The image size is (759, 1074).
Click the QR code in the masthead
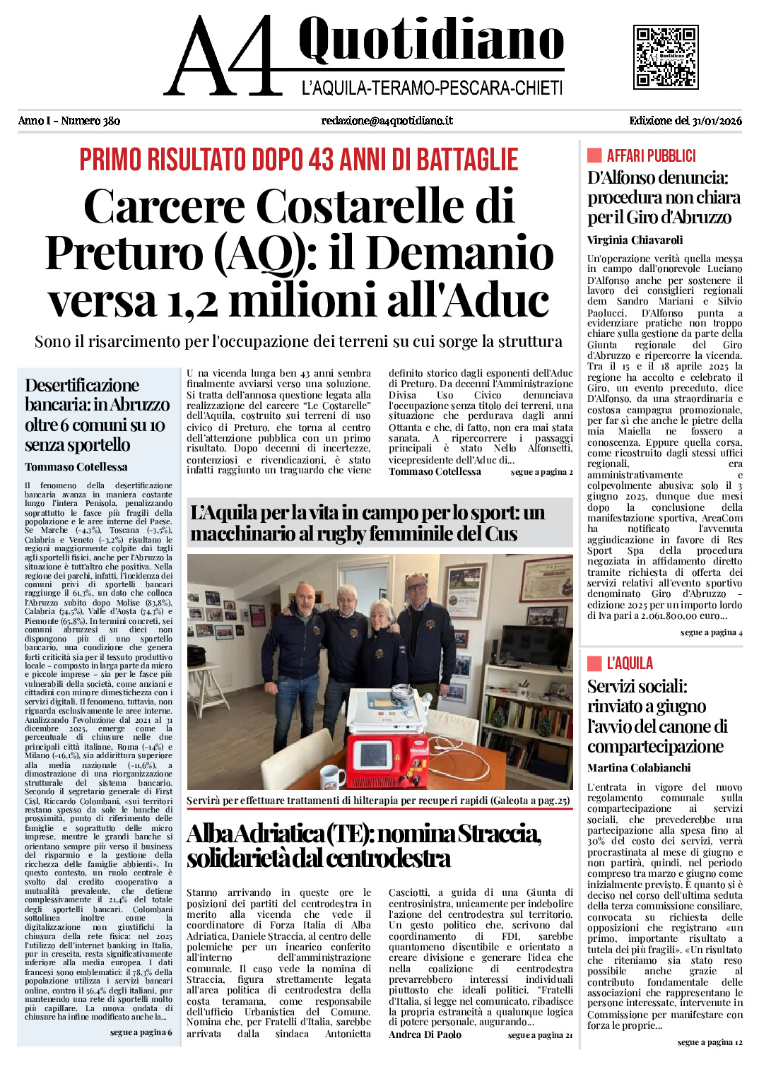666,57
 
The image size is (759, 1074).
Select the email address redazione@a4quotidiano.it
387,121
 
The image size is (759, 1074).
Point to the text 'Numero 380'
90,121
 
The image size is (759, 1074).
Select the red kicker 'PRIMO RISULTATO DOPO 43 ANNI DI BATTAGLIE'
299,160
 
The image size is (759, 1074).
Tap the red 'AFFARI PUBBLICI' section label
651,156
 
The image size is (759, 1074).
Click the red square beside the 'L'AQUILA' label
594,663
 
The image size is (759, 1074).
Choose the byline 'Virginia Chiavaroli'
635,240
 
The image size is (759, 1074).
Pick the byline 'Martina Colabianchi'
639,768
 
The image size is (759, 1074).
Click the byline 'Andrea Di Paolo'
425,1034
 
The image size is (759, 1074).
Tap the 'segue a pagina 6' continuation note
141,1032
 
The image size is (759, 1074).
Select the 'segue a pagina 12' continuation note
710,1042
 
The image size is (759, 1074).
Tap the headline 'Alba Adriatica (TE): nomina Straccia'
364,846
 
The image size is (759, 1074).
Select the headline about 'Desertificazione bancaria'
97,415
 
